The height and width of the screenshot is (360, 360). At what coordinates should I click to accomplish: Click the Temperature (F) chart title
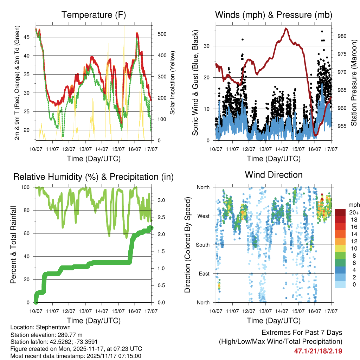coord(94,15)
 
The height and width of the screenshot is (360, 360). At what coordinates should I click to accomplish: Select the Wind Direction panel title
coord(274,175)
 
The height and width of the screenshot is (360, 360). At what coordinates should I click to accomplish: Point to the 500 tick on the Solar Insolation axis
coord(162,34)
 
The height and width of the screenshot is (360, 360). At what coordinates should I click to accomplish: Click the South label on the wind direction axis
coord(203,245)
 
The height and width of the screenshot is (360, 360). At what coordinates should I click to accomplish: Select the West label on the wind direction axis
coord(204,216)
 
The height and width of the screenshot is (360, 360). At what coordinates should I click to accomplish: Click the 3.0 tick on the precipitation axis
coord(160,200)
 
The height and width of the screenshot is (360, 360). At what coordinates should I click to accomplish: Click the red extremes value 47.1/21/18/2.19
coord(318,351)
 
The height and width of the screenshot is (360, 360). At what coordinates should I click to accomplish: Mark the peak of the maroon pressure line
coord(286,28)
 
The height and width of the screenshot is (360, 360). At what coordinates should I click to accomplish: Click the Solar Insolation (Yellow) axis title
coord(173,83)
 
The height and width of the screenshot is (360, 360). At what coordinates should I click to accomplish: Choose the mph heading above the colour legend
coord(353,205)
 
